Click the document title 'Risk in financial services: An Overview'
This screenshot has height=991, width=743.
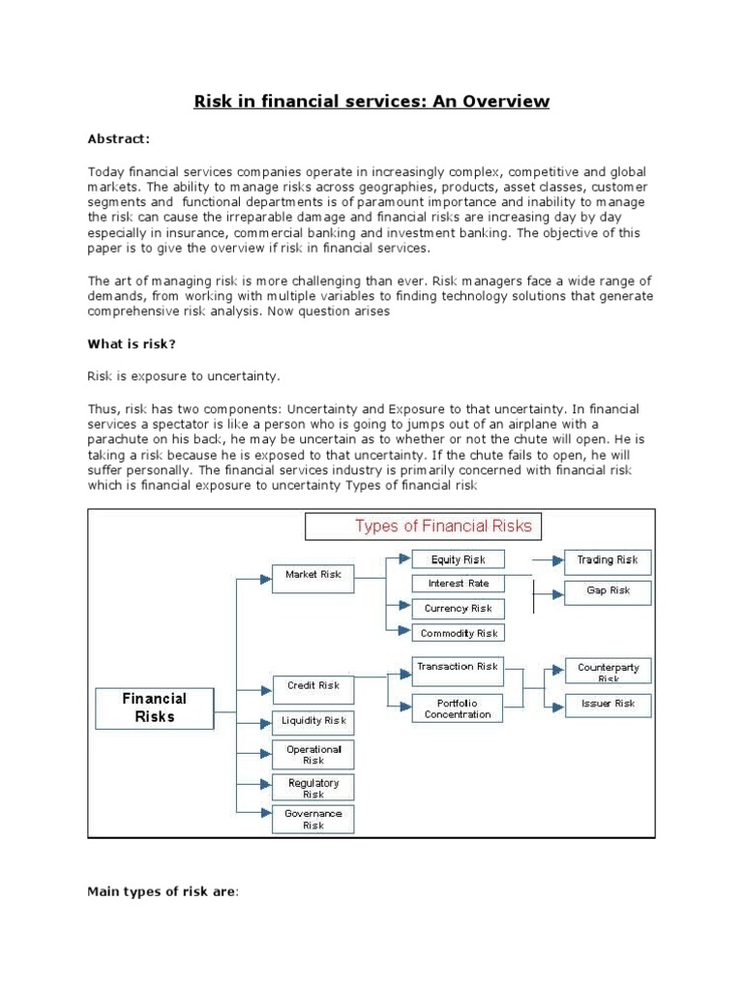click(x=371, y=102)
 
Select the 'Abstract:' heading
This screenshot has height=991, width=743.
click(x=118, y=139)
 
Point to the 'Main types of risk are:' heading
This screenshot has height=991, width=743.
click(x=163, y=891)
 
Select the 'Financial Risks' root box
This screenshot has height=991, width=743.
click(x=155, y=707)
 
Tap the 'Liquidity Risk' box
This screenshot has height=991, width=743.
click(x=313, y=722)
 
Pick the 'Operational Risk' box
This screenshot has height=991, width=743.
click(x=313, y=755)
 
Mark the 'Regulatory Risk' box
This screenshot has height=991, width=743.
click(x=313, y=788)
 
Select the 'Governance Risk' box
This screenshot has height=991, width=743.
click(x=313, y=820)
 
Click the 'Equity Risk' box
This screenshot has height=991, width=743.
click(x=459, y=559)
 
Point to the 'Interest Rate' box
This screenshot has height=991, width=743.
click(x=459, y=584)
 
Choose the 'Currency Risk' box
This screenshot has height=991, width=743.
click(x=459, y=609)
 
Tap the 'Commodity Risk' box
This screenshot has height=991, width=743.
click(x=459, y=633)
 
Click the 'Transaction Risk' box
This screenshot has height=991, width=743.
click(x=459, y=667)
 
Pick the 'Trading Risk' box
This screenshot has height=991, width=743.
click(x=608, y=560)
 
